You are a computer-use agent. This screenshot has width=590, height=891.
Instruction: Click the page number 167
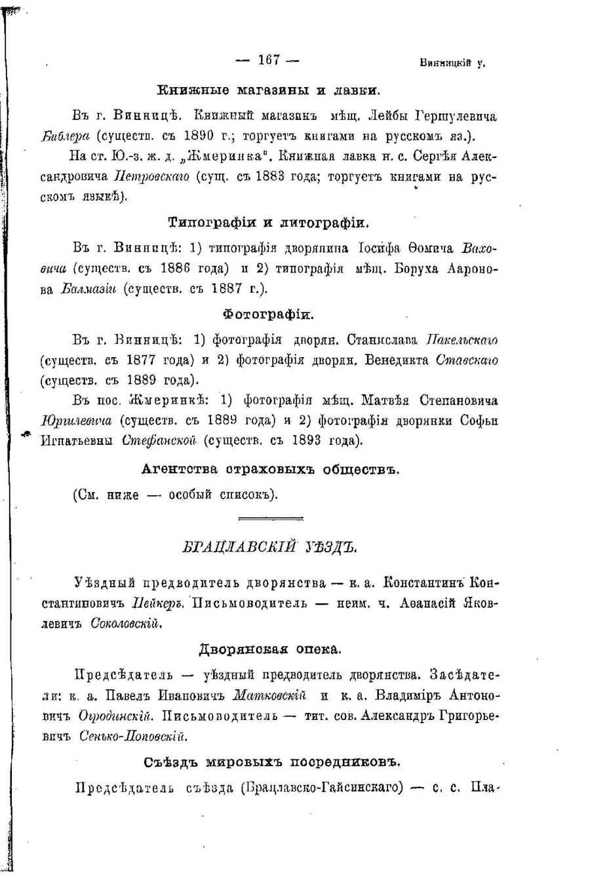[x=269, y=60]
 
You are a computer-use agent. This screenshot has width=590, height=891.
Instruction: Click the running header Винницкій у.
[x=452, y=64]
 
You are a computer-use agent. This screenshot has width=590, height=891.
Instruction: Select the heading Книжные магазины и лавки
[x=269, y=90]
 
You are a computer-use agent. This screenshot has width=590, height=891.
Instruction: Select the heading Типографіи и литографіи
[x=269, y=223]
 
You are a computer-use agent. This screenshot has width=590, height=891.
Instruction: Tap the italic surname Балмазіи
[x=88, y=289]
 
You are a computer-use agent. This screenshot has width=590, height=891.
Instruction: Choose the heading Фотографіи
[x=269, y=314]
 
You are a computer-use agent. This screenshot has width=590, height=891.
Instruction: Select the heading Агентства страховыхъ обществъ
[x=269, y=469]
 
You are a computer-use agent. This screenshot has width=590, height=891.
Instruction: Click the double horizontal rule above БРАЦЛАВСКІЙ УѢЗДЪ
[x=270, y=519]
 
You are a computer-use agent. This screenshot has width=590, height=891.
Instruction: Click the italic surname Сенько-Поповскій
[x=132, y=736]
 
